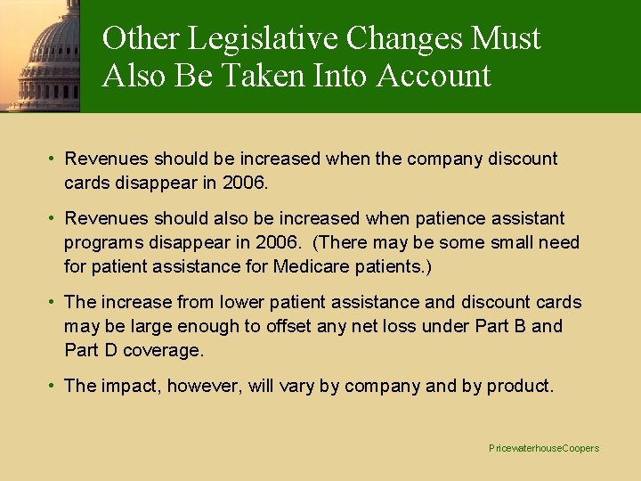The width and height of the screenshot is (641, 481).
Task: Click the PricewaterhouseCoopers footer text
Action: [x=544, y=448]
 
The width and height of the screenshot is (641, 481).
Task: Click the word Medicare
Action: [x=312, y=266]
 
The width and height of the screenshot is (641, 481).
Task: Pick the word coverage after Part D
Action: [x=164, y=350]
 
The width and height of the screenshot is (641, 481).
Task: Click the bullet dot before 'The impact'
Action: [x=53, y=386]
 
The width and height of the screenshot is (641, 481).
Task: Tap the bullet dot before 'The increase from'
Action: [x=53, y=302]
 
